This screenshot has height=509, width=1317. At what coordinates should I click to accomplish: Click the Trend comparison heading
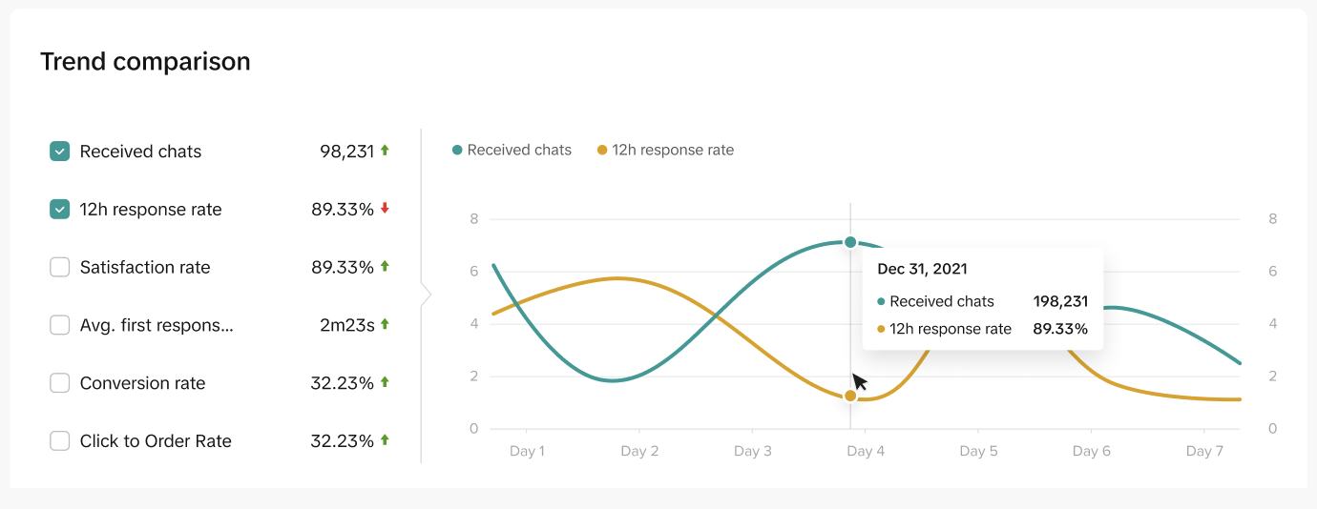(145, 62)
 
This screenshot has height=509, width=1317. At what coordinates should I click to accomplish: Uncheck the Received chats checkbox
(59, 152)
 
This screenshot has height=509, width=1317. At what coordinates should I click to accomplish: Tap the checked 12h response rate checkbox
(59, 209)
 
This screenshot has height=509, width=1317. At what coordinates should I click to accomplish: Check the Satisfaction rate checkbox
(59, 267)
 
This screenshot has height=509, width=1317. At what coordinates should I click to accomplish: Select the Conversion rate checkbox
(59, 383)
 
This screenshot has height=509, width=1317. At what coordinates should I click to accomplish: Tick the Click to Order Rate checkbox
(59, 441)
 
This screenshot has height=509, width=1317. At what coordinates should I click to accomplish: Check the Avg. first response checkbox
(59, 325)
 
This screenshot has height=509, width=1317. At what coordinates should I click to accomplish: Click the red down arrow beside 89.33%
(386, 208)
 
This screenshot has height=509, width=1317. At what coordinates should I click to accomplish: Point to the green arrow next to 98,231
(386, 151)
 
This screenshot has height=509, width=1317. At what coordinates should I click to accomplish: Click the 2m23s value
(346, 325)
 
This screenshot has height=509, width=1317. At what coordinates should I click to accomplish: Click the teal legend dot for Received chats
(457, 151)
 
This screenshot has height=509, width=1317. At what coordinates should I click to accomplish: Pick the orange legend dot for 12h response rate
(602, 151)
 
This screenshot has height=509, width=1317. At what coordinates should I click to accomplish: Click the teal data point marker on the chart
(850, 242)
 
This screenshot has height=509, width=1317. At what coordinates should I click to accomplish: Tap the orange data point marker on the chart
(850, 396)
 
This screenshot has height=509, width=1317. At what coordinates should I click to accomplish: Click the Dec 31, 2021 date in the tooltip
(922, 269)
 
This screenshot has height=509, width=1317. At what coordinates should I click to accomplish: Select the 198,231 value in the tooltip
(1060, 302)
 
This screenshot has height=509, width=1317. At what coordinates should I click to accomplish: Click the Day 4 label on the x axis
(866, 451)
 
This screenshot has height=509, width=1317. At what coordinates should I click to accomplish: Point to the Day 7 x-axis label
(1204, 451)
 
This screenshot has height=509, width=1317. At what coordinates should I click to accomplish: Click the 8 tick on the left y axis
(474, 219)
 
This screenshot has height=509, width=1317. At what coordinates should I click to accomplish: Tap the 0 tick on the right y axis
(1273, 429)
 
